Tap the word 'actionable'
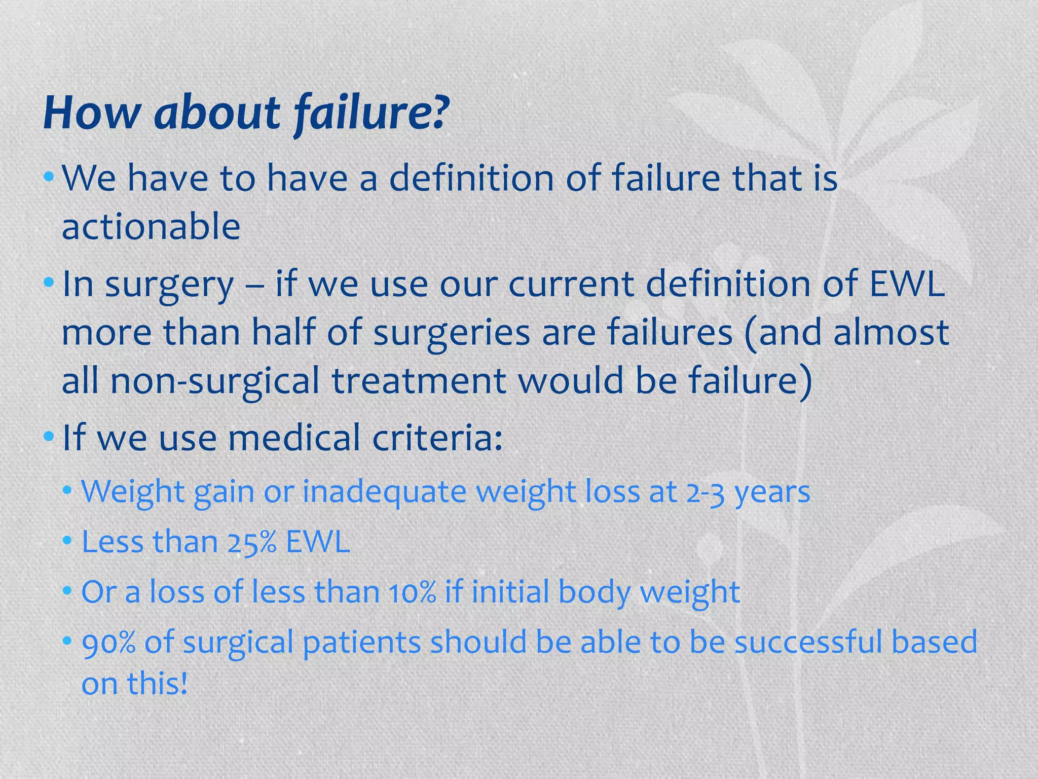pos(151,227)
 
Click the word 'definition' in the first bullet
pos(471,179)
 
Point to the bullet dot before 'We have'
pos(49,177)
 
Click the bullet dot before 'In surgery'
pos(49,281)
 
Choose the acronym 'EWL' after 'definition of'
pos(907,284)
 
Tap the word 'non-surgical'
pos(215,381)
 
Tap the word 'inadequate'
pos(384,492)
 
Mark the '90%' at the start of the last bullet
pos(108,643)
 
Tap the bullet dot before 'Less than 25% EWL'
pos(67,541)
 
